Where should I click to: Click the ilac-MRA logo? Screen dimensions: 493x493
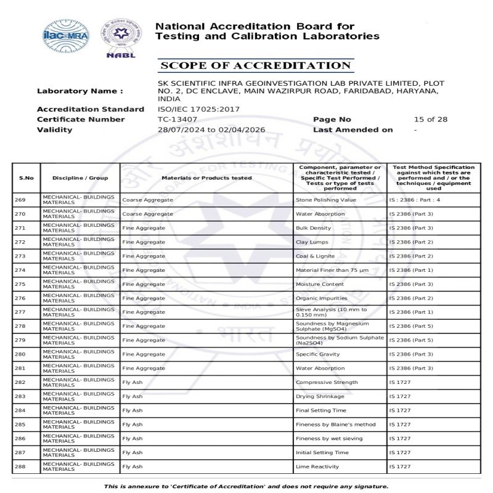(x=65, y=36)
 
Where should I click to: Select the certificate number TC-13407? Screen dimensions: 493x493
(x=177, y=120)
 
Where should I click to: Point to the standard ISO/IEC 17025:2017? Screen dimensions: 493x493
(x=198, y=109)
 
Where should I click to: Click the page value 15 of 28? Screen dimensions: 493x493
(x=431, y=120)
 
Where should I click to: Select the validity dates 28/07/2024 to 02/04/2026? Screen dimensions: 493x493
(x=211, y=130)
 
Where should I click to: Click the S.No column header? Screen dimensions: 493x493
(x=26, y=178)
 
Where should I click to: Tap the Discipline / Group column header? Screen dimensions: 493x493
(x=80, y=178)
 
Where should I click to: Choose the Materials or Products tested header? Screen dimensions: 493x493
(x=206, y=178)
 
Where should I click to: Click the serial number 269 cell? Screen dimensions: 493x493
(x=26, y=200)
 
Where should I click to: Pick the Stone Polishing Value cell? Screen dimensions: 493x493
(x=326, y=200)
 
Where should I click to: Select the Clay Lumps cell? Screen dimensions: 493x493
(x=312, y=242)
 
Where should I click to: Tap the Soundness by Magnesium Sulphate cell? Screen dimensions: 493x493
(x=332, y=326)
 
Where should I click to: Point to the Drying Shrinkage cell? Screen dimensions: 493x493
(x=320, y=396)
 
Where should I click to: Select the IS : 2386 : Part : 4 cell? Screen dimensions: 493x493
(x=415, y=200)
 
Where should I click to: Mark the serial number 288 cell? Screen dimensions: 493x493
(x=26, y=467)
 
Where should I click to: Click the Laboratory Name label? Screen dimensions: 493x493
(x=79, y=91)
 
